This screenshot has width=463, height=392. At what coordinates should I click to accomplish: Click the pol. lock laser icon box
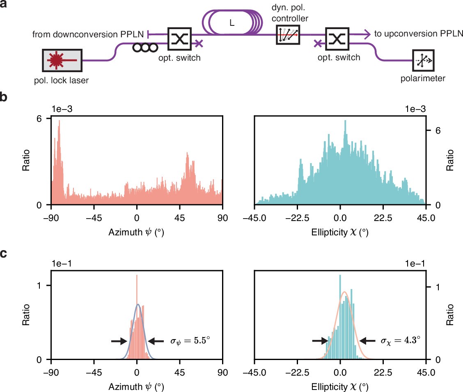62,61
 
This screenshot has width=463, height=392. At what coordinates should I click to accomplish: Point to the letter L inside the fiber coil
232,23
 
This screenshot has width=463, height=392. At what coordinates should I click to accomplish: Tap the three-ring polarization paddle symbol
145,47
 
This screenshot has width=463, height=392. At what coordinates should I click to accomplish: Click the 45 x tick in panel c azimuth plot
179,369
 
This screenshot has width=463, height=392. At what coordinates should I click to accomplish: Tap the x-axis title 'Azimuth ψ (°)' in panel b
137,232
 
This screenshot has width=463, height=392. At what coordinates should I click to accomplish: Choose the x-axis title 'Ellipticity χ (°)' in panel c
339,387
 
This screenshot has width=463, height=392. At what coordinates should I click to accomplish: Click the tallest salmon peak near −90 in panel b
60,122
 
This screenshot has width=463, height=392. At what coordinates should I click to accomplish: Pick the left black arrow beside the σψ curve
119,340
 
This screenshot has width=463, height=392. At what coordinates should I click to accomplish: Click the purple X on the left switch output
199,43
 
